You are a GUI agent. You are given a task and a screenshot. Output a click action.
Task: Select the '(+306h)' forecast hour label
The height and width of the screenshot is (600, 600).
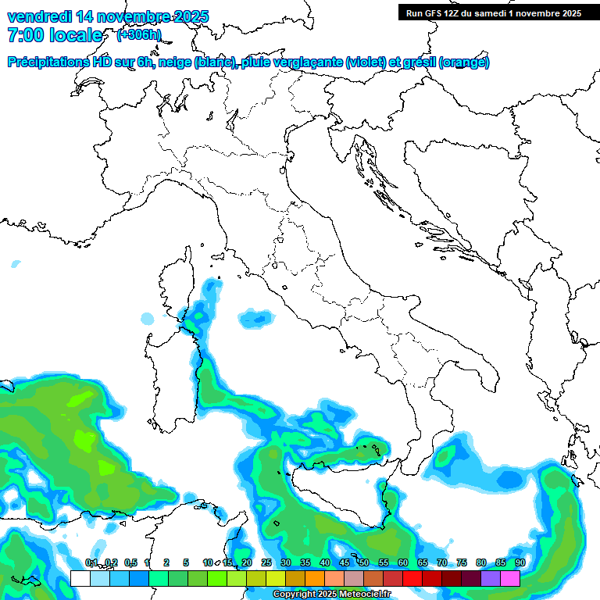(138, 34)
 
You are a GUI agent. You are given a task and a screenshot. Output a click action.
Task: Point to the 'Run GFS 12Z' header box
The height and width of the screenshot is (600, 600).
(493, 12)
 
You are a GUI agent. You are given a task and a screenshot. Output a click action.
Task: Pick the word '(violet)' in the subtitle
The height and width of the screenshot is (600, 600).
(366, 62)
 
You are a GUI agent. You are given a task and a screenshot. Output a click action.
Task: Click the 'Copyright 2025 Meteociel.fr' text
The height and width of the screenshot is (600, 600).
(331, 595)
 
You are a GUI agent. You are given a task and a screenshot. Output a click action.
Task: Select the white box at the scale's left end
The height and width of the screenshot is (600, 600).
(80, 578)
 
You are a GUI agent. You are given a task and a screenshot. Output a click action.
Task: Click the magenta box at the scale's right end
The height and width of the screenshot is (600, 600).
(510, 578)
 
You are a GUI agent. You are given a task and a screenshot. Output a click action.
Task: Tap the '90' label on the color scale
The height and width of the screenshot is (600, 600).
(520, 562)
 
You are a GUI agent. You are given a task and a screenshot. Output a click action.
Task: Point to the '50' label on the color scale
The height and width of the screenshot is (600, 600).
(364, 562)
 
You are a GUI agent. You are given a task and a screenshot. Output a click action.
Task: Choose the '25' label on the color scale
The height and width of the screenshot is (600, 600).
(266, 562)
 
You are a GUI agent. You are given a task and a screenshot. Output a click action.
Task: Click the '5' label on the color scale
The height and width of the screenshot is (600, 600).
(186, 562)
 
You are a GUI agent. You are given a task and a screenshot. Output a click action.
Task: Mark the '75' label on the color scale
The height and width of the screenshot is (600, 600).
(462, 562)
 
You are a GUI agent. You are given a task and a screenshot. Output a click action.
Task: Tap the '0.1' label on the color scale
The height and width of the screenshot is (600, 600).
(91, 562)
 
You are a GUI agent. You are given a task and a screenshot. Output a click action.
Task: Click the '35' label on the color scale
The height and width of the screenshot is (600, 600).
(305, 562)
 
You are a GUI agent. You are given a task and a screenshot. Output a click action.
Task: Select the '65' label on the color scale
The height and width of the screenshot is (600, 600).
(423, 562)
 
